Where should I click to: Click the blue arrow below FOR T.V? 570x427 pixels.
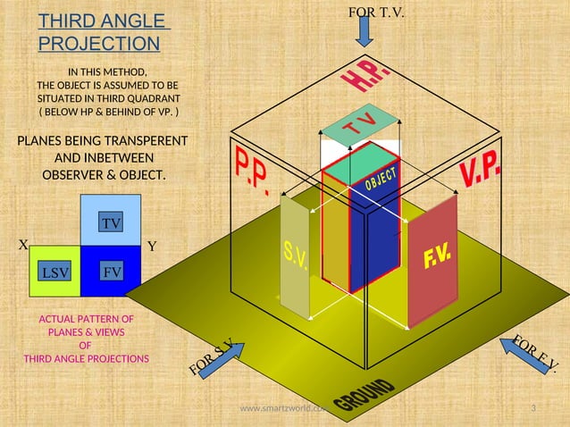point(365,31)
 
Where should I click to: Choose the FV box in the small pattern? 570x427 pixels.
point(112,270)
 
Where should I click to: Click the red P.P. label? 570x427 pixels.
point(253,170)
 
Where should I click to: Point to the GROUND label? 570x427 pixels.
point(364,397)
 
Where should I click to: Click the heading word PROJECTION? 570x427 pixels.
point(99,43)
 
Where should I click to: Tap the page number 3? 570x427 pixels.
point(533,409)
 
